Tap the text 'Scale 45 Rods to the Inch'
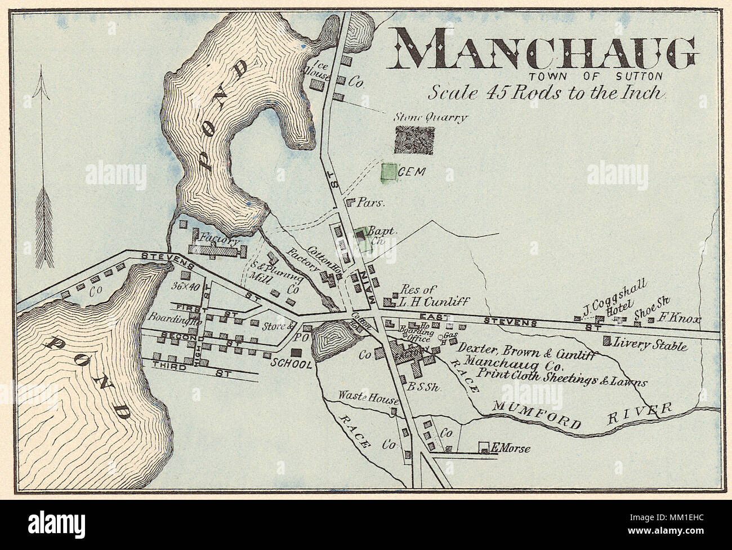tap(546, 92)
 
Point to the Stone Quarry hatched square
tap(414, 140)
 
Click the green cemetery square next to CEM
tap(388, 172)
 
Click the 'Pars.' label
tap(373, 202)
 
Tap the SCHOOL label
tap(291, 365)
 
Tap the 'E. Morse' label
tap(511, 449)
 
